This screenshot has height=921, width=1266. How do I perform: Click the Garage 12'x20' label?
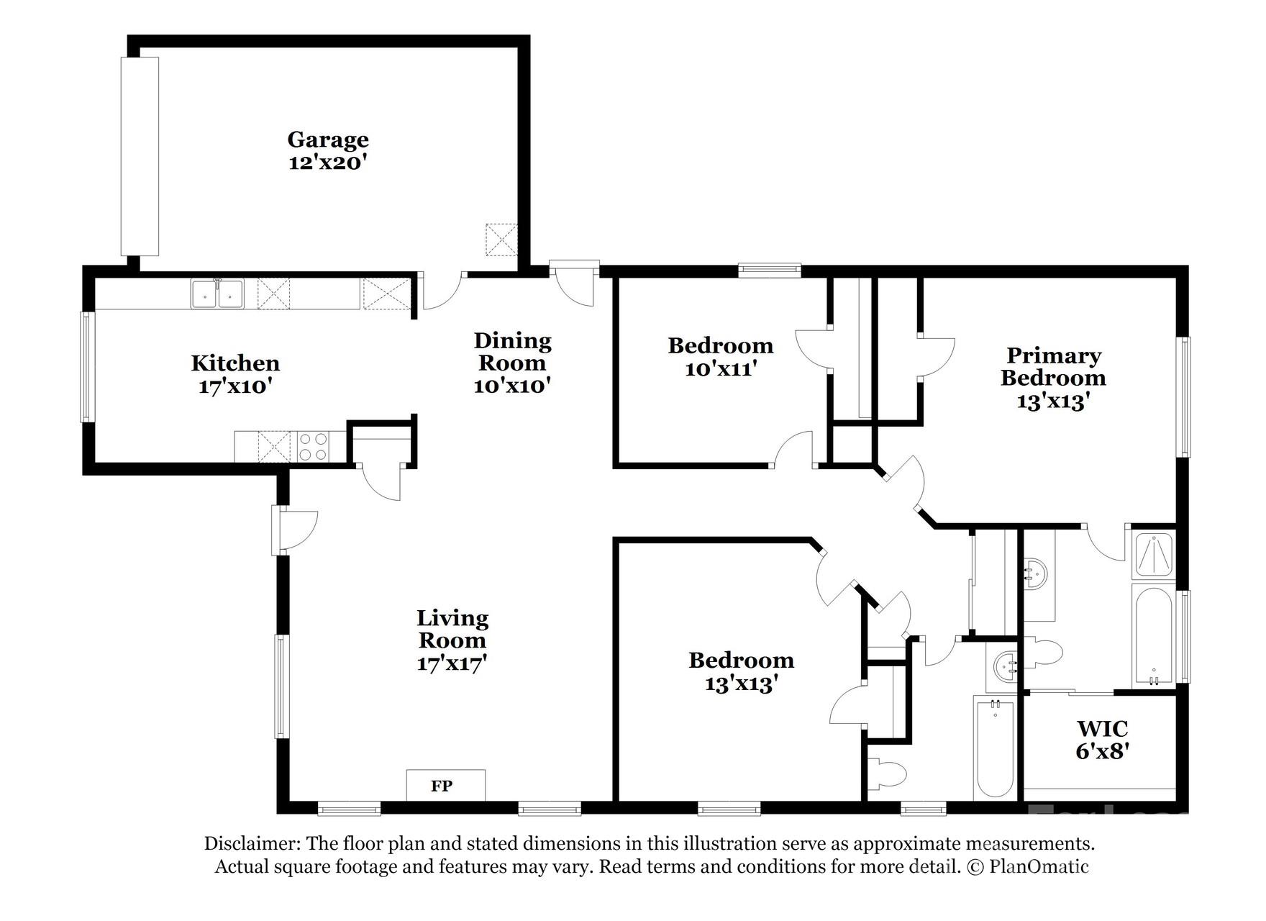coord(328,150)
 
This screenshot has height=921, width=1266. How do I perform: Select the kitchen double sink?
coord(217,294)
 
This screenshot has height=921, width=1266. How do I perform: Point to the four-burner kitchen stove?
coord(312,446)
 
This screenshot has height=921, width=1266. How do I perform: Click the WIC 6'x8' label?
coord(1101,740)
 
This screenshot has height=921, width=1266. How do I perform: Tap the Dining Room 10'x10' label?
coord(512,363)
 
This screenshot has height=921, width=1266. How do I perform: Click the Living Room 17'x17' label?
coord(452,640)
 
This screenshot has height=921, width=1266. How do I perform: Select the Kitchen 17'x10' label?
coord(235,374)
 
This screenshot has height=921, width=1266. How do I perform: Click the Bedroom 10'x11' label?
coord(720,357)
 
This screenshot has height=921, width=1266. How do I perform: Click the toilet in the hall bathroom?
coord(888,774)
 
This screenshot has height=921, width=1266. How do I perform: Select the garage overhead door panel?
coord(140,155)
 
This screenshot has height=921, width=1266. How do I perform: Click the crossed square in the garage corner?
coord(501,240)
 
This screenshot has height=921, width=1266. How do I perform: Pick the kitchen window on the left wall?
coord(87,367)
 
